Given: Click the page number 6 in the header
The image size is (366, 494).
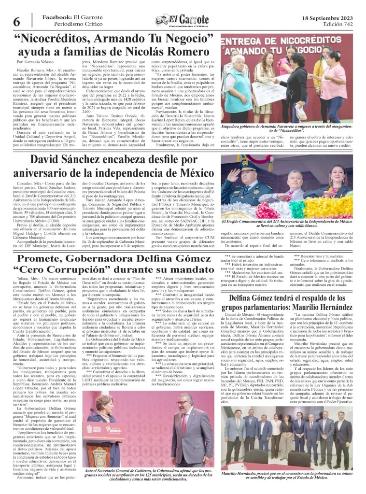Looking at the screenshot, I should point(16,22).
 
